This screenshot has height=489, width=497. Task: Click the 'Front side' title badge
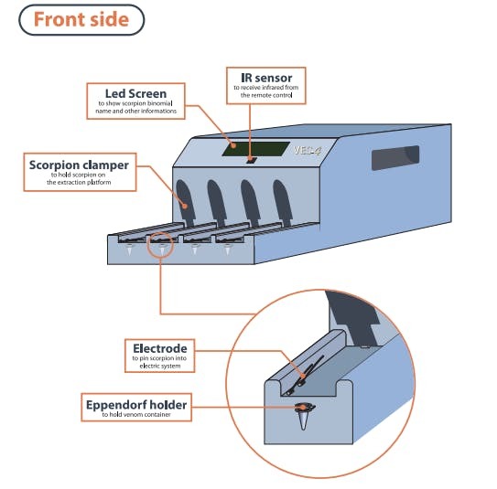[x=81, y=19]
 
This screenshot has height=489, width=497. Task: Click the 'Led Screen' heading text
[x=135, y=93]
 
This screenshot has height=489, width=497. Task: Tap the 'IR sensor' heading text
[x=266, y=78]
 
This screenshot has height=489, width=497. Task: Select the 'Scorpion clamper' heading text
[x=79, y=165]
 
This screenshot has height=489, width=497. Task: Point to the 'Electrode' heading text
[x=160, y=348]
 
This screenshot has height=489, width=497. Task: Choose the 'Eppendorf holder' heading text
[x=136, y=405]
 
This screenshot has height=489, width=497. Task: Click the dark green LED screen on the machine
[x=255, y=149]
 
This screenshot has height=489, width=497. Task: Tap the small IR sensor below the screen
[x=251, y=161]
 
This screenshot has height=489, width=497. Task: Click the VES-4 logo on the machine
[x=307, y=150]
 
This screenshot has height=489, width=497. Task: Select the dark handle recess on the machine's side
[x=394, y=157]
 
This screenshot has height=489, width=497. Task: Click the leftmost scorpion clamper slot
[x=185, y=203]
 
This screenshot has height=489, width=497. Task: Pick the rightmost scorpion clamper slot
[x=283, y=203]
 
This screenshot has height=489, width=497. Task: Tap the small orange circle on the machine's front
[x=160, y=244]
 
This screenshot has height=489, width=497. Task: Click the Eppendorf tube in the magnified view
[x=304, y=416]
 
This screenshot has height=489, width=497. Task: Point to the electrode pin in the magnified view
[x=305, y=375]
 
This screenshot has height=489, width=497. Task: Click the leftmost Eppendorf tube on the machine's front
[x=130, y=250]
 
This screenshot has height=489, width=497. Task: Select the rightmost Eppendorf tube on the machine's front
[x=227, y=250]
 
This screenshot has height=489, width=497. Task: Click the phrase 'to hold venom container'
[x=136, y=415]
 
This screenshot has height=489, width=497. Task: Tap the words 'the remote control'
[x=266, y=95]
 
